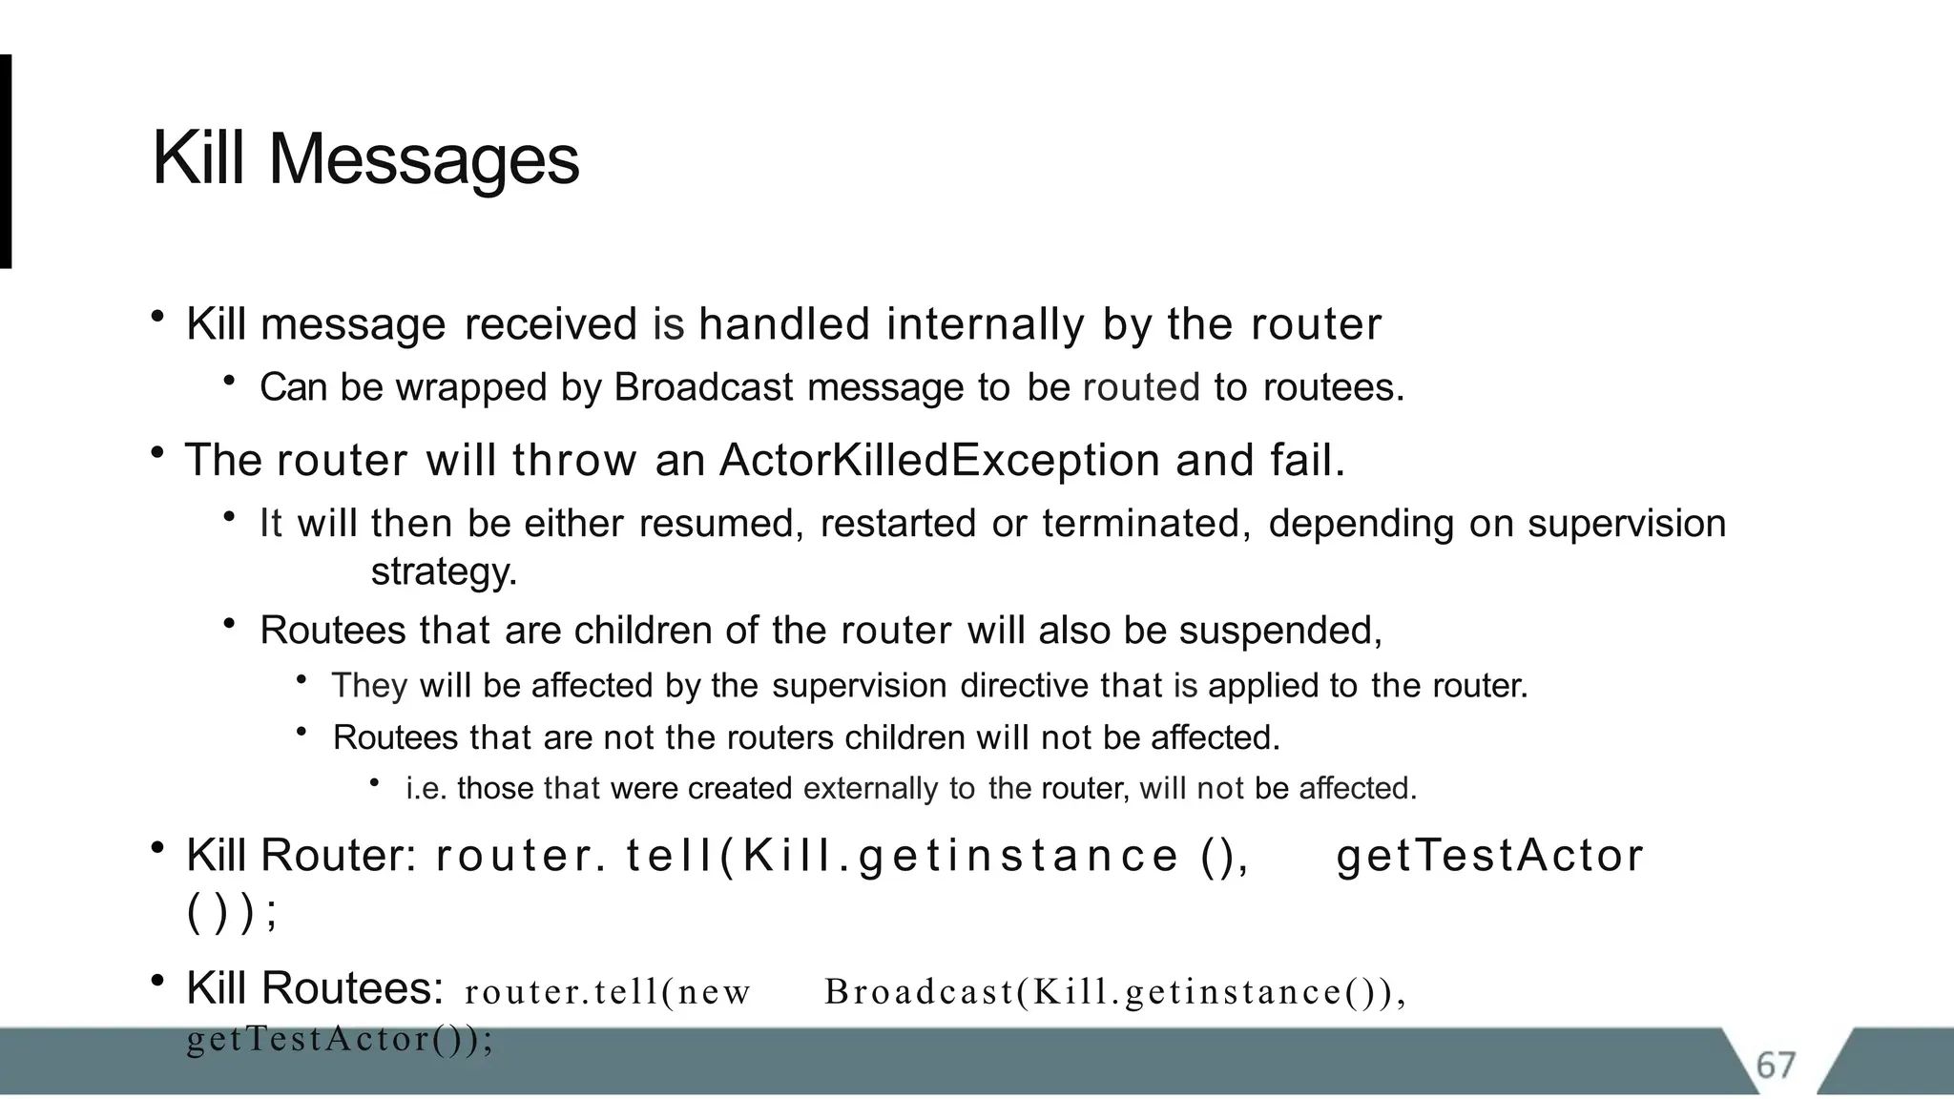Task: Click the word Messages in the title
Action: tap(424, 159)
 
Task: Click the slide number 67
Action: tap(1776, 1065)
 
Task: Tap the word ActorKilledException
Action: tap(939, 461)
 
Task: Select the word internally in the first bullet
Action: tap(986, 324)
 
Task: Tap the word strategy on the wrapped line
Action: tap(443, 572)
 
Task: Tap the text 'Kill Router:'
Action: tap(301, 855)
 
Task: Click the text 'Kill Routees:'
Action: tap(314, 988)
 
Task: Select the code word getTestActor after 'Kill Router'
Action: tap(1489, 856)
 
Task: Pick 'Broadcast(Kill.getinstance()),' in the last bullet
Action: tap(1115, 992)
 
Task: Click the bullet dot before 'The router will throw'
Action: tap(157, 453)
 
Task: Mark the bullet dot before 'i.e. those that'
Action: tap(375, 783)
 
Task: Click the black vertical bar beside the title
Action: tap(6, 161)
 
